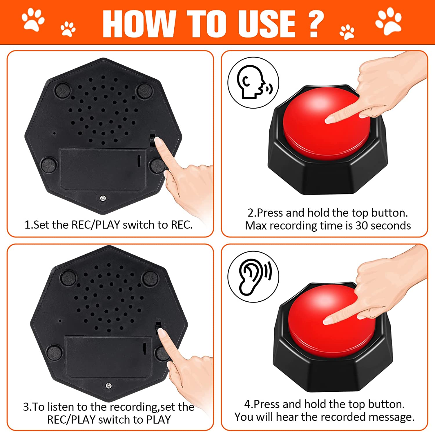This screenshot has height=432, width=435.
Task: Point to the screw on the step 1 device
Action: tap(103, 199)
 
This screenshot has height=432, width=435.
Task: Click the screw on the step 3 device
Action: tap(109, 386)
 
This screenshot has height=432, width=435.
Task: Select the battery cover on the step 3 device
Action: tap(109, 358)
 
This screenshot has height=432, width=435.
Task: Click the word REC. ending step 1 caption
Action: tap(182, 225)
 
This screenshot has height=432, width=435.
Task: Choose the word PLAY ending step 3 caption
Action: tap(158, 420)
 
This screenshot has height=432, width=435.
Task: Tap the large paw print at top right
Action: tap(388, 21)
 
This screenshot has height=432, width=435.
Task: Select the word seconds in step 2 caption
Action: tap(391, 226)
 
